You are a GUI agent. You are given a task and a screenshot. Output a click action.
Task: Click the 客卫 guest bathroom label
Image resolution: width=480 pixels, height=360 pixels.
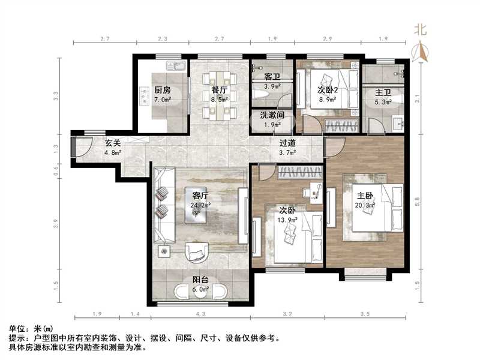[272, 77]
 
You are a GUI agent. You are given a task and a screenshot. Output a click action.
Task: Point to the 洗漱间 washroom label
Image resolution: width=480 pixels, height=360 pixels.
[272, 115]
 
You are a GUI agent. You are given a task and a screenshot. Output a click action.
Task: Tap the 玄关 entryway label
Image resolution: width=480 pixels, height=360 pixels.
[113, 143]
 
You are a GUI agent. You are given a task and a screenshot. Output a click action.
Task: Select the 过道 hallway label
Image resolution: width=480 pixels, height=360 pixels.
[287, 143]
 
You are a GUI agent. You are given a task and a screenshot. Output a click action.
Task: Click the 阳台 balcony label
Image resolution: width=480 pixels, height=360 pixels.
[200, 278]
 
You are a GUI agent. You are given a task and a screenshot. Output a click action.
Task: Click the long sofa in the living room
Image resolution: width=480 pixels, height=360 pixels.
[163, 204]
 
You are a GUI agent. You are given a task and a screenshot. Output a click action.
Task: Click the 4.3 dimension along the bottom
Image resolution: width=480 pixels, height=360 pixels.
[200, 313]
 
